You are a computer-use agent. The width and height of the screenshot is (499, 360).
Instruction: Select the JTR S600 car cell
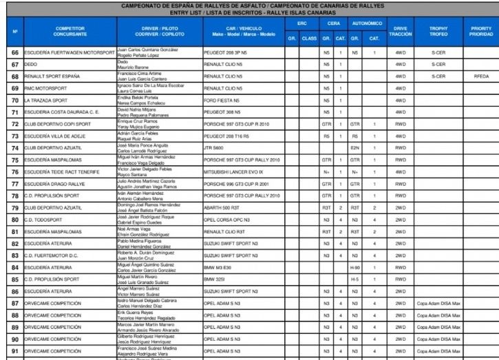coord(215,147)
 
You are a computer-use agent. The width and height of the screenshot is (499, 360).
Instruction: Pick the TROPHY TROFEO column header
coord(439,31)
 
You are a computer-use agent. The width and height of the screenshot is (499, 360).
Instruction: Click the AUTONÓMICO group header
coord(365,23)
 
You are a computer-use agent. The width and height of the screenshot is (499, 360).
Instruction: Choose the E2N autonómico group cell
coord(355,147)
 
